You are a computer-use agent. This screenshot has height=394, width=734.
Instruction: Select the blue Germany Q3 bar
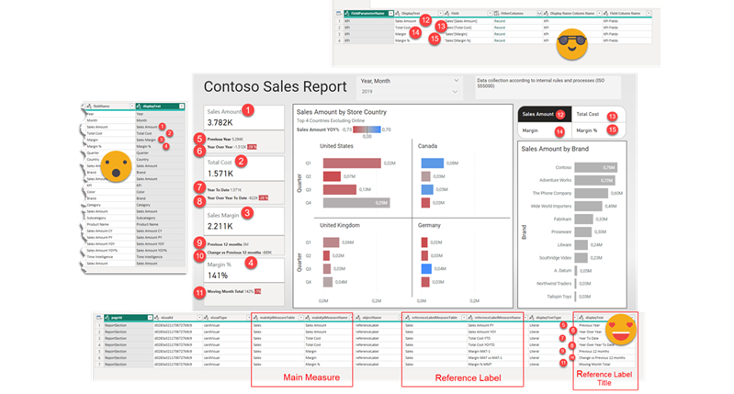tap(425, 268)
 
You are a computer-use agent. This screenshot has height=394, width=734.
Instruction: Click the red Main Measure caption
tap(285, 374)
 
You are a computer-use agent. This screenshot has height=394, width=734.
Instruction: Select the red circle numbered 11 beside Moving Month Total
tap(200, 291)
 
